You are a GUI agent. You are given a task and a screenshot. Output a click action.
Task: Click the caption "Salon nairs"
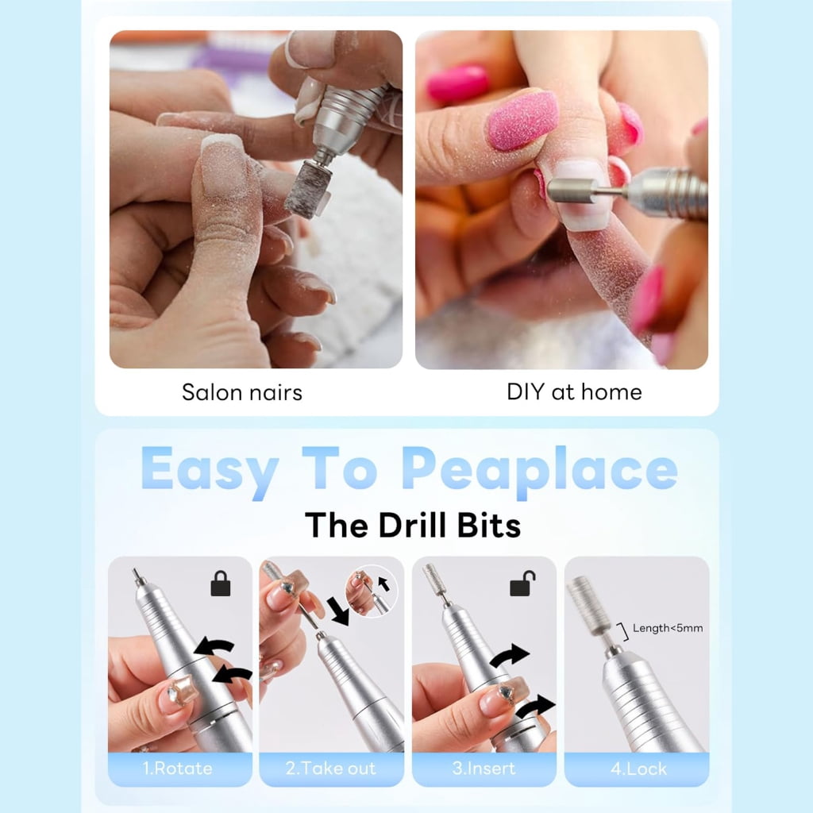pyautogui.click(x=242, y=392)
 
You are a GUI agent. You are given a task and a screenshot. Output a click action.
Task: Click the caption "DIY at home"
pyautogui.click(x=574, y=392)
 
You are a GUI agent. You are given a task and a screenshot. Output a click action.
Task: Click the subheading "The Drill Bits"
pyautogui.click(x=413, y=526)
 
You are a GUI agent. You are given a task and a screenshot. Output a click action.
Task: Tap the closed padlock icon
pyautogui.click(x=221, y=584)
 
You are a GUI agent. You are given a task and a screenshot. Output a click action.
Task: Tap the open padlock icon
pyautogui.click(x=522, y=583)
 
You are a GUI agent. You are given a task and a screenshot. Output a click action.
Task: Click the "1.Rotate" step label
pyautogui.click(x=178, y=768)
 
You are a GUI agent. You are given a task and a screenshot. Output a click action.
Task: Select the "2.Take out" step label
pyautogui.click(x=330, y=768)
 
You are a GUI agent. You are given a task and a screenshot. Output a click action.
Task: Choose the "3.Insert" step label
pyautogui.click(x=484, y=768)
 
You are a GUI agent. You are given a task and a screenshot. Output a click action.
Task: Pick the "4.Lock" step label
pyautogui.click(x=638, y=769)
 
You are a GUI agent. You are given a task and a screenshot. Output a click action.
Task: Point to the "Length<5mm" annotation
pyautogui.click(x=668, y=629)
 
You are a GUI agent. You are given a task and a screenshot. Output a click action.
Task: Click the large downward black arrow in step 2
pyautogui.click(x=338, y=611)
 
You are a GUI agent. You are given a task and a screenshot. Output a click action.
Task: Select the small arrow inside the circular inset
pyautogui.click(x=383, y=584)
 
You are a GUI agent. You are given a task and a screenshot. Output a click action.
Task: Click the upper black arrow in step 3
pyautogui.click(x=509, y=655)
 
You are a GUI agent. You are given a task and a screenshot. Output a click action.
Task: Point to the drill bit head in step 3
pyautogui.click(x=433, y=579)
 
